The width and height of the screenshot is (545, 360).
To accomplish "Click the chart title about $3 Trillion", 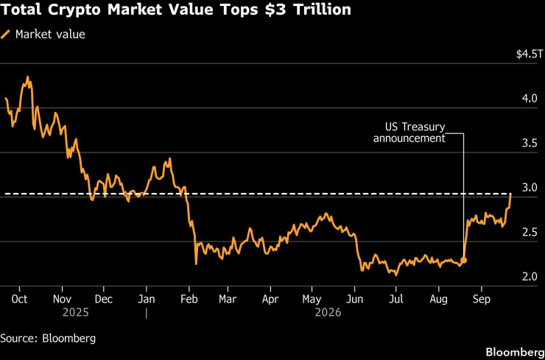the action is pos(175,10).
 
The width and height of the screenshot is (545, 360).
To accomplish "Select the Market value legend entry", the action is pos(43,35).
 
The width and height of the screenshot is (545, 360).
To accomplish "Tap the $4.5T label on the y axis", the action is pos(528,54).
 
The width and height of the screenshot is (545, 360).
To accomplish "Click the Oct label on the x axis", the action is pos(19,299).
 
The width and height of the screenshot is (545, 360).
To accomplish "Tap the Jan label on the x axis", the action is pos(147,299).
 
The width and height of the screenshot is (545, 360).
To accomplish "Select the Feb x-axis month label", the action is pos(189,299).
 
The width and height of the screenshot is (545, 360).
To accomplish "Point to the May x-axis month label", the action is pos(312,299).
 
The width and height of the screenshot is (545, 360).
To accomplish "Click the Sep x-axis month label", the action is pos(482,299).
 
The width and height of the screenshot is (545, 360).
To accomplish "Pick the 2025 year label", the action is pos(76,313).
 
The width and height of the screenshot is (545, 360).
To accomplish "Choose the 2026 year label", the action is pos(328,313).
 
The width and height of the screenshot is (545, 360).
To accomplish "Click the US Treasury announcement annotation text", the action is pos(409,133).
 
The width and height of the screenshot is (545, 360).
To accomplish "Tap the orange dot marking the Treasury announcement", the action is pos(464,260).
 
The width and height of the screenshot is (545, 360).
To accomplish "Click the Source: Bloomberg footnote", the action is pos(48,339).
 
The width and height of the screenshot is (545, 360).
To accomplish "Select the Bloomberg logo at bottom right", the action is pos(515,352).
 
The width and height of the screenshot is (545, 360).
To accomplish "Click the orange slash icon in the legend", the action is pos(6,35).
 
